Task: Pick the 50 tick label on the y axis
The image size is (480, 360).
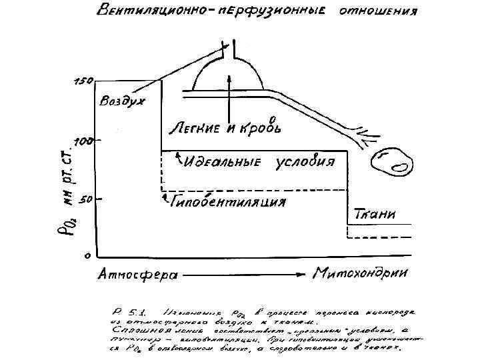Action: click(84, 198)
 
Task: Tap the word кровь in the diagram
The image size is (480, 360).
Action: click(260, 127)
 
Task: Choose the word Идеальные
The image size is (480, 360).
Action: click(226, 162)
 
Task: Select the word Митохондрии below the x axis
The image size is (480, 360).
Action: click(361, 273)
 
